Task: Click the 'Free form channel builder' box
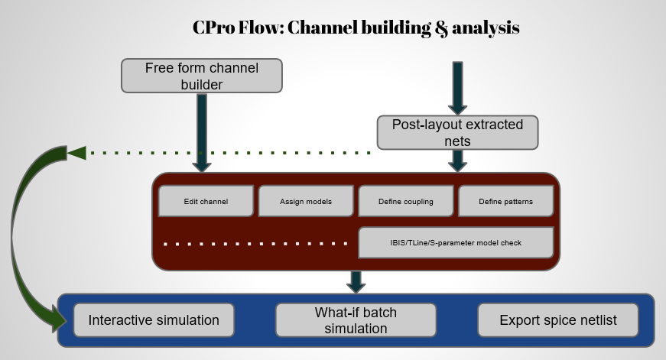[202, 76]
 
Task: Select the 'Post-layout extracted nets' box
[457, 132]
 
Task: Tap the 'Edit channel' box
[206, 202]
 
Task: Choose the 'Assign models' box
[305, 202]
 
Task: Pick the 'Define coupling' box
[405, 202]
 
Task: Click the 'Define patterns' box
[505, 202]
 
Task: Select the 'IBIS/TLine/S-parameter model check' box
[456, 242]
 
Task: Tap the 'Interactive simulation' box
[154, 319]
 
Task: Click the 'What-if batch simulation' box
[356, 319]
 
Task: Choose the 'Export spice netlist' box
[557, 319]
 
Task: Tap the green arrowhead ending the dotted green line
[76, 153]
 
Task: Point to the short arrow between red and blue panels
[356, 281]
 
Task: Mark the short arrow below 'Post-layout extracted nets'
[457, 160]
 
